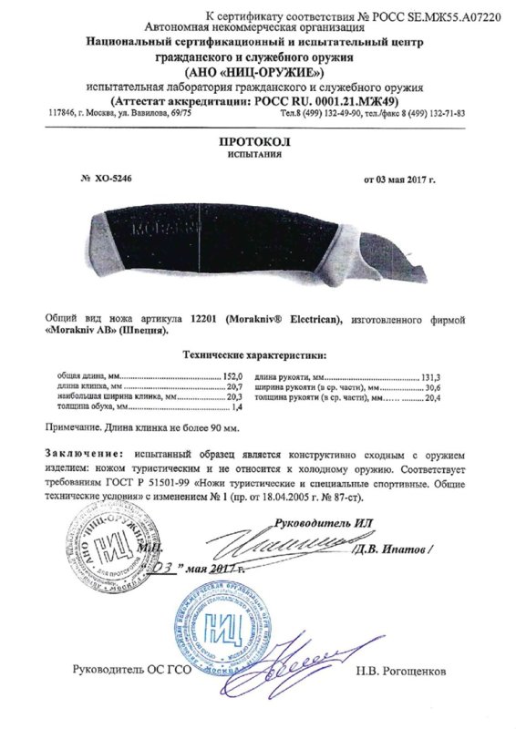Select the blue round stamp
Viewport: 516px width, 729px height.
coord(228,630)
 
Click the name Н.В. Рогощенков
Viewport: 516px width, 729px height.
coord(402,671)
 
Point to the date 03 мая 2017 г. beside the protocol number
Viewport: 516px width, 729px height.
coord(398,179)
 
